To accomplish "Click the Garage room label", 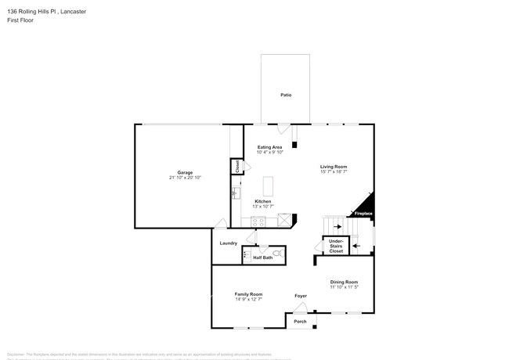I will point(185,172).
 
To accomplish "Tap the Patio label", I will point(286,95).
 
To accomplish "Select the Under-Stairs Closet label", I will point(336,247).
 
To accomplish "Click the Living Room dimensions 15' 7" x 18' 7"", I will point(334,172).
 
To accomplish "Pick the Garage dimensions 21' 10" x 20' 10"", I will point(185,178).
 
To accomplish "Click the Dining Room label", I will point(344,282).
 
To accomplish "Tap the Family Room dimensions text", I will point(248,299).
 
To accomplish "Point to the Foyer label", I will point(301,296).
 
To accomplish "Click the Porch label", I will point(300,322).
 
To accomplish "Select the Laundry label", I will point(228,243).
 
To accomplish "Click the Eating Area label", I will point(269,146).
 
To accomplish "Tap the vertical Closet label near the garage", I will point(235,166).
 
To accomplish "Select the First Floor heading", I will point(21,20).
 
